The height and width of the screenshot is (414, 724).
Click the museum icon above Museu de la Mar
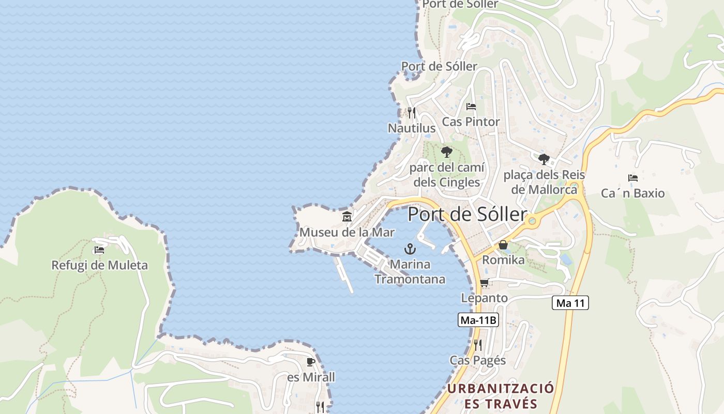point(346,216)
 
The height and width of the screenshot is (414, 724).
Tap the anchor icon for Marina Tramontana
point(410,249)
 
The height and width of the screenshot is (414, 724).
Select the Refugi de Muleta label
point(99,265)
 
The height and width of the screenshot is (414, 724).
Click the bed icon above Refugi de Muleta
point(99,250)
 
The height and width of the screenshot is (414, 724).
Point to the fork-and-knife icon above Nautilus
point(412,112)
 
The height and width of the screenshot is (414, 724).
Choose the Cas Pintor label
point(471,122)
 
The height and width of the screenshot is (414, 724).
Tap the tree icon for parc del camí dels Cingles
point(447,152)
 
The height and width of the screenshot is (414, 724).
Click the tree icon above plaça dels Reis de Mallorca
point(544,159)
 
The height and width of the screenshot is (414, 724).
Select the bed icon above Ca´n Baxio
point(632,178)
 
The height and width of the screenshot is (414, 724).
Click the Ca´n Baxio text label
point(632,194)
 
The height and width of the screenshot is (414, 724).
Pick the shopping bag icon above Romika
point(503,245)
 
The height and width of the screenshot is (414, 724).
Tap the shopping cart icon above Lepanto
point(485,283)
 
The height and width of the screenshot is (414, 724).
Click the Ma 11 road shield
point(570,303)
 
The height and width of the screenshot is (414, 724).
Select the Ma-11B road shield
point(478,320)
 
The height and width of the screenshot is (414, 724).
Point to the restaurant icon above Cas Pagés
point(478,345)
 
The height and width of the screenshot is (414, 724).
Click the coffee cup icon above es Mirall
point(311,362)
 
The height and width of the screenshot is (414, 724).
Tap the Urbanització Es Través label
point(501,396)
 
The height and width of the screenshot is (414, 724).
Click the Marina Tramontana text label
point(410,272)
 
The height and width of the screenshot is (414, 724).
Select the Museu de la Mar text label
point(347,232)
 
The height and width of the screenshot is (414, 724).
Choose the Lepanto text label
point(484,298)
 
